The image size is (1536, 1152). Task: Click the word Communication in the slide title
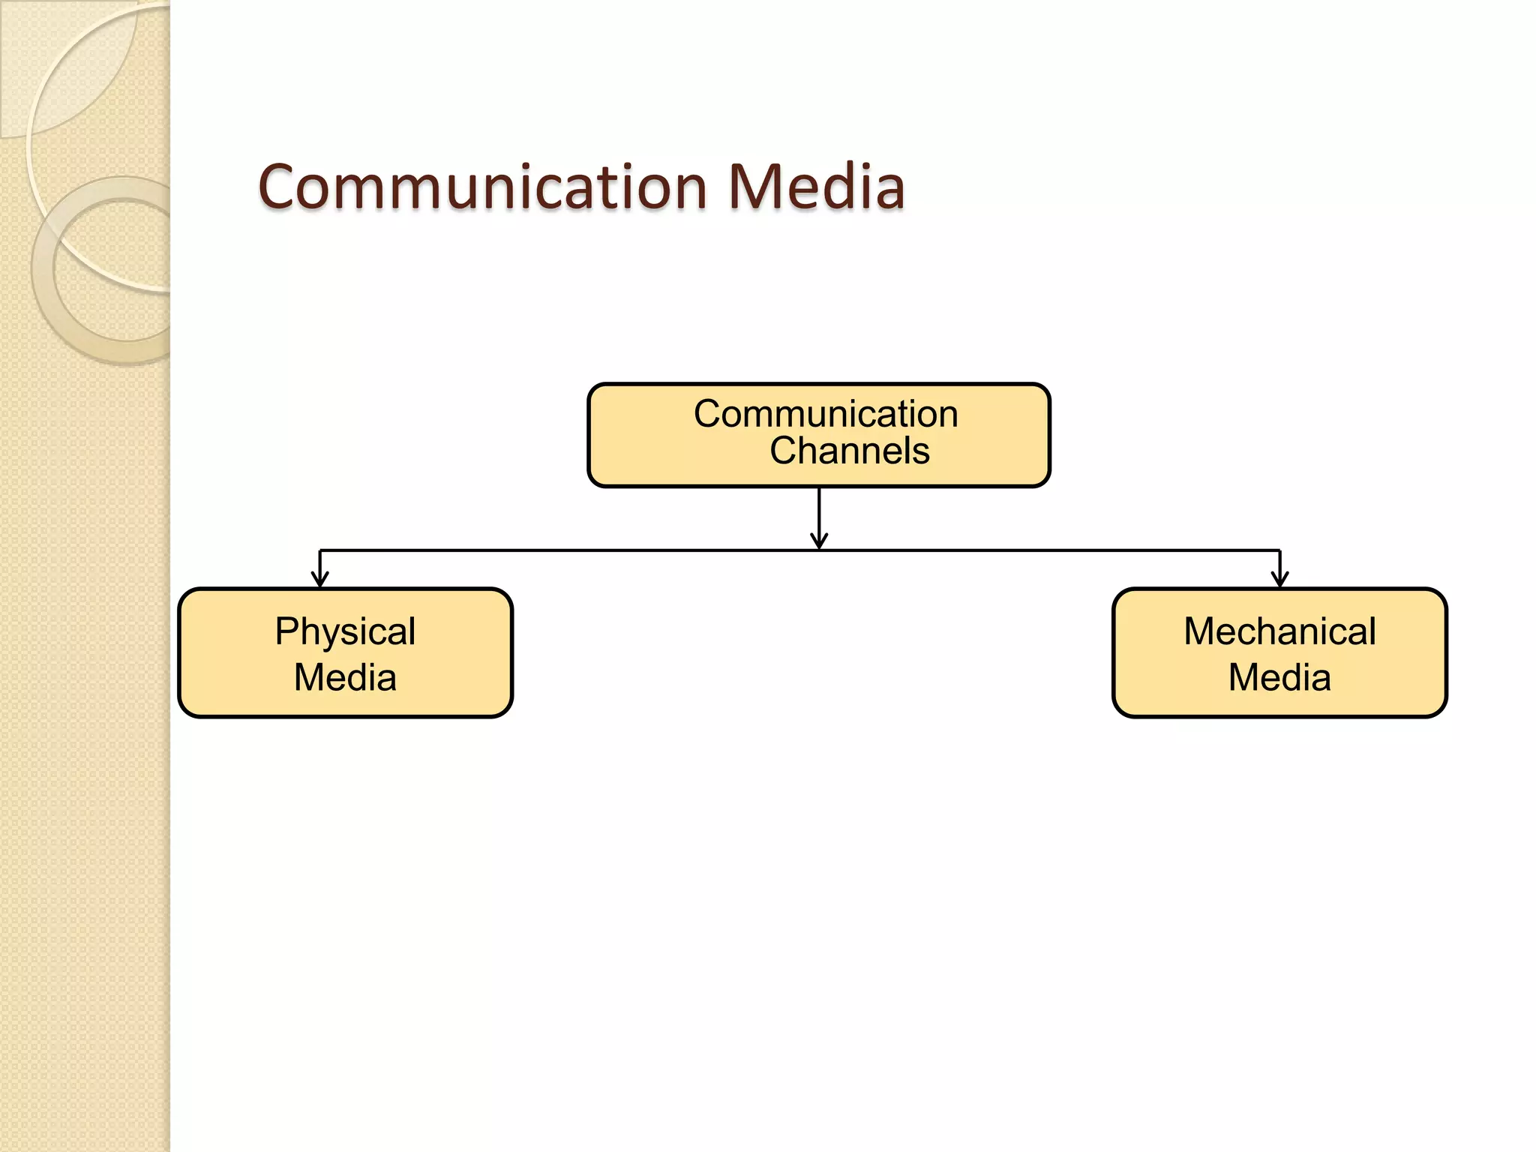pos(482,187)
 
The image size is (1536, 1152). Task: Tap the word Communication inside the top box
pos(825,414)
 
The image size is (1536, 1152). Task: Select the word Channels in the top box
pos(849,451)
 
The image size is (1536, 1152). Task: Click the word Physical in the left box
pos(345,631)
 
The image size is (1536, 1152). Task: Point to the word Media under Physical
pos(345,678)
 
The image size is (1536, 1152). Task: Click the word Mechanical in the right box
pos(1279,631)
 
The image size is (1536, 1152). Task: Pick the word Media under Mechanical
pos(1279,678)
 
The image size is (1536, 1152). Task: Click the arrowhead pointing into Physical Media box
pos(320,580)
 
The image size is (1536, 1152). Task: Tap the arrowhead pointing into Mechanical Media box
pos(1280,580)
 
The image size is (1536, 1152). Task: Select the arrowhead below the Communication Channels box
pos(819,541)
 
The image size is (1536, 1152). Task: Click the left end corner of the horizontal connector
pos(321,551)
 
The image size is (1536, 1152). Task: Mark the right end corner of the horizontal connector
pos(1279,551)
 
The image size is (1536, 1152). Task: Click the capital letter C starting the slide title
pos(280,187)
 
